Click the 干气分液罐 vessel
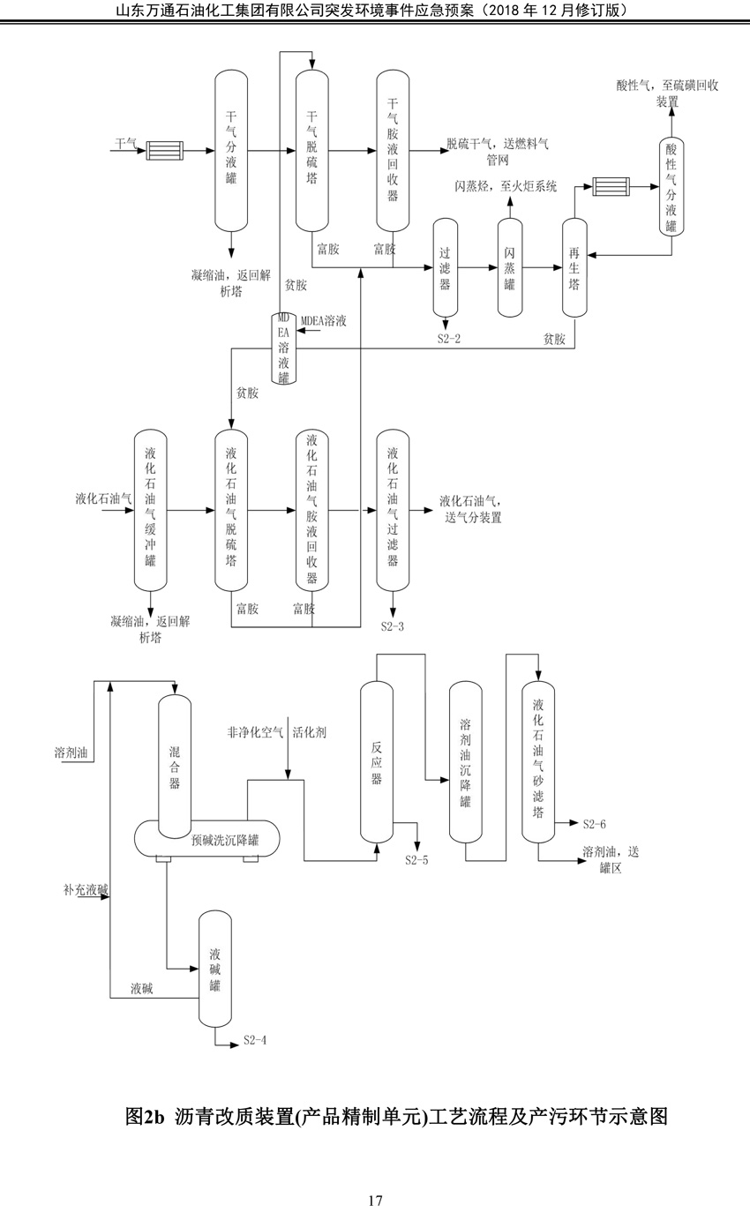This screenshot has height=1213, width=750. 231,151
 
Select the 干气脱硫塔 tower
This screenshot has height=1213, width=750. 312,151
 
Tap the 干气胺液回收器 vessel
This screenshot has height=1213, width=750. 393,151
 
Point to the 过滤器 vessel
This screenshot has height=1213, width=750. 445,268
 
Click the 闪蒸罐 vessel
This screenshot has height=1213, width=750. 510,268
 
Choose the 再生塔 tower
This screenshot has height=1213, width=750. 575,268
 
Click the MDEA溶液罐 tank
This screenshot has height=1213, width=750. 283,348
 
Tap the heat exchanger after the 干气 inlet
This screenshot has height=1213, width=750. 165,151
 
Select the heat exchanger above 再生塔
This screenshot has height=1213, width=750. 611,186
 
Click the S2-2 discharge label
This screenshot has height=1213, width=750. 448,339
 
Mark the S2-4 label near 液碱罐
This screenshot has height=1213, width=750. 255,1041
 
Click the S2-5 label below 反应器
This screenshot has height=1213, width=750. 416,860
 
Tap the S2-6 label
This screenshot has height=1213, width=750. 594,824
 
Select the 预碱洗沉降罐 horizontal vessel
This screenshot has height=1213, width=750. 206,838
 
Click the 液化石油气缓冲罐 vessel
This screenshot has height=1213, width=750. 150,511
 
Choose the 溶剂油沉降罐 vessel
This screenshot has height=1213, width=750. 466,763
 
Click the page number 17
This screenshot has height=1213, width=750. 375,1200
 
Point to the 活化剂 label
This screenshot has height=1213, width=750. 310,732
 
